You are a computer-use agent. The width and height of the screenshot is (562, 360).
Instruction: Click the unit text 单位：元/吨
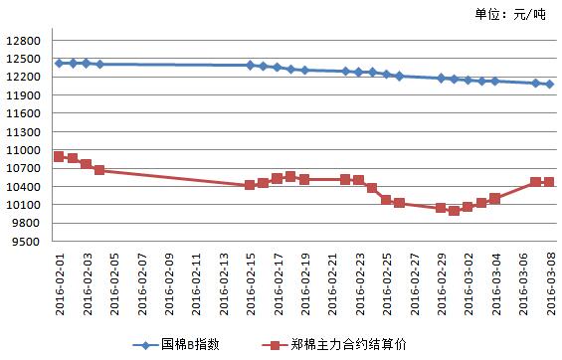[509, 14]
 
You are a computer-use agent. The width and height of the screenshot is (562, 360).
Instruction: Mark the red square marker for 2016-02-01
[59, 156]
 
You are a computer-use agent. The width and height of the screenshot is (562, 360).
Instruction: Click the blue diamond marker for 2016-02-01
[59, 63]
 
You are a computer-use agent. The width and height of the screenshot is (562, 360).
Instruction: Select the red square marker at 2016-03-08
[549, 182]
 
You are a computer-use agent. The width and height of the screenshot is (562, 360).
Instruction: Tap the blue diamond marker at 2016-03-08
[549, 85]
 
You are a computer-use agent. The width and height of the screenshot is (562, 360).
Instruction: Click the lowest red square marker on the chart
[454, 211]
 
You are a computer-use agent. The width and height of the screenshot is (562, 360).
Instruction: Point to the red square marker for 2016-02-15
[250, 185]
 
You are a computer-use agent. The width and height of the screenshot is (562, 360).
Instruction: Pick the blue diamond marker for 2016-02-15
[250, 66]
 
